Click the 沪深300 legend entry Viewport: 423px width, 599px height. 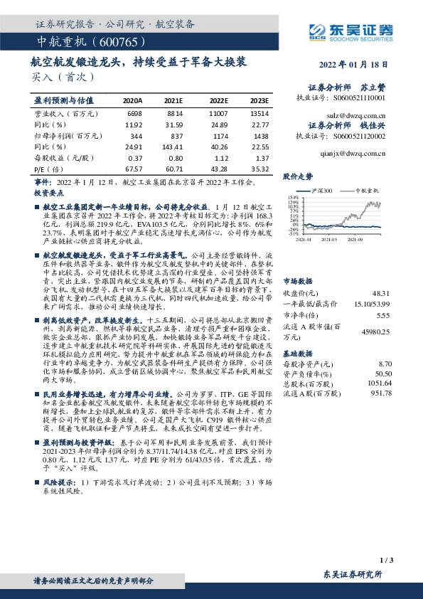327,191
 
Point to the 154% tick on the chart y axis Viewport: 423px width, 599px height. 293,197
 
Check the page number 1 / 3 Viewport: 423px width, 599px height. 387,561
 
